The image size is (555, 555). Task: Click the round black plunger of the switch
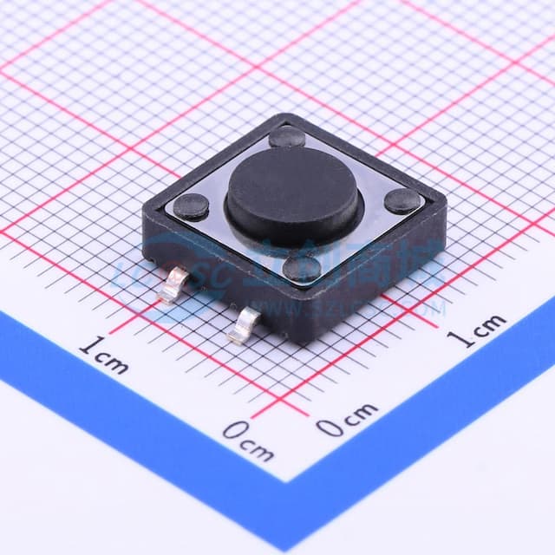[x=292, y=193]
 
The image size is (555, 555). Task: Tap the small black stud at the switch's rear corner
[x=287, y=136]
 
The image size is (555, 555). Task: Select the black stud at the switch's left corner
[x=191, y=206]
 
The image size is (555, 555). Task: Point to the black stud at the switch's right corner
[x=403, y=201]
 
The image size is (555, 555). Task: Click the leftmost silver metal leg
[x=175, y=283]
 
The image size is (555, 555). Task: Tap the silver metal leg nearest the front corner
[x=242, y=325]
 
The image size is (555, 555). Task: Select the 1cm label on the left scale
[x=103, y=355]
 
